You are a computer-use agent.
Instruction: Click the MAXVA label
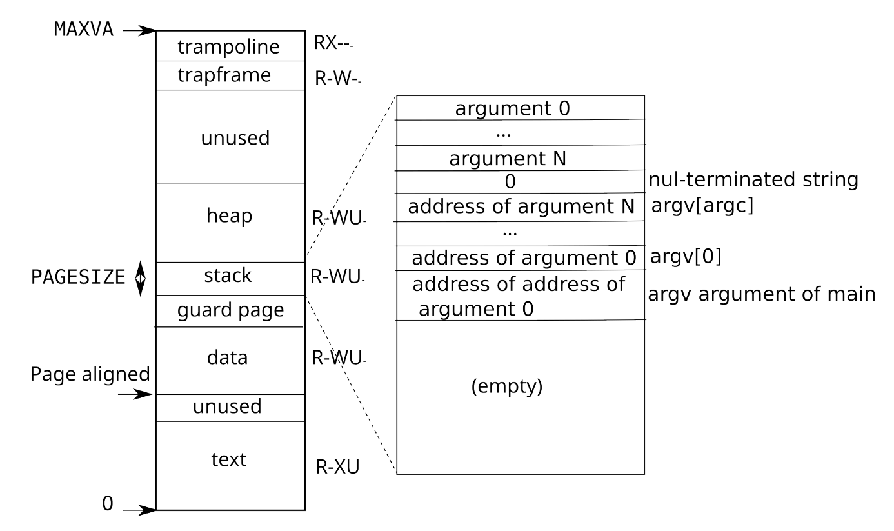(84, 30)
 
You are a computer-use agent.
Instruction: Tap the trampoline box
(230, 46)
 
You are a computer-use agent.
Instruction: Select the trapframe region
(230, 75)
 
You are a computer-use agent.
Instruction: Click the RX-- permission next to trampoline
(333, 43)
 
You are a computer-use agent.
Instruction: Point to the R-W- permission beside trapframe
(337, 78)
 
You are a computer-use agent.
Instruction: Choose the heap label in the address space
(229, 215)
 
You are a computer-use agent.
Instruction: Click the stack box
(230, 279)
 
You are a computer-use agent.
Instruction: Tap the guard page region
(230, 311)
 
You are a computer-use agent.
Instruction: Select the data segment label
(227, 357)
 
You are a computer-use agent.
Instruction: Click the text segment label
(229, 459)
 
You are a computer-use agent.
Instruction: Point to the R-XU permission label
(337, 466)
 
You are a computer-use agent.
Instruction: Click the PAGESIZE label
(78, 277)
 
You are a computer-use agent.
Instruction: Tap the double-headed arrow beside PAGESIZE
(140, 279)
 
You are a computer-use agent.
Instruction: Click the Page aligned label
(90, 374)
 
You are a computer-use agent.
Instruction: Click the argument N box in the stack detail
(521, 158)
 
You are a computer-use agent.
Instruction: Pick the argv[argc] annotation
(702, 206)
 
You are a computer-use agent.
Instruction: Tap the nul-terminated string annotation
(753, 179)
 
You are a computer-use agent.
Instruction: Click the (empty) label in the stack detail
(507, 386)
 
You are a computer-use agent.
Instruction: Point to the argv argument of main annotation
(762, 295)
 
